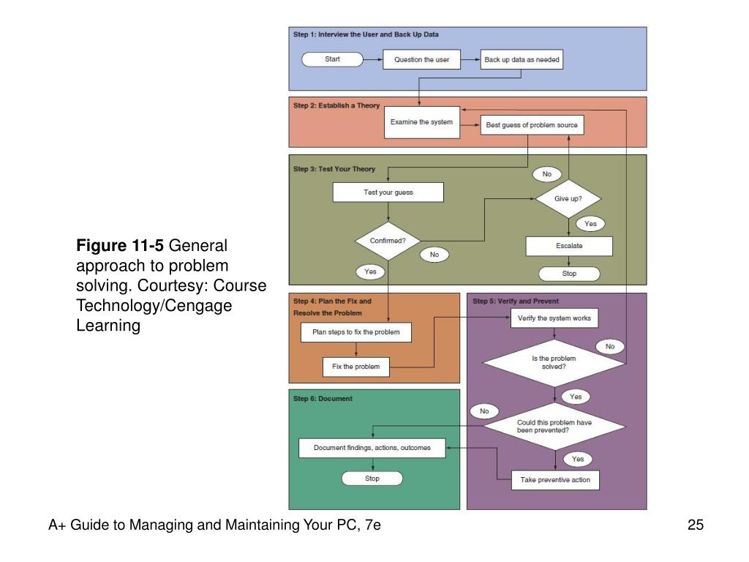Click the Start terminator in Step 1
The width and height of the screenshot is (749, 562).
(333, 59)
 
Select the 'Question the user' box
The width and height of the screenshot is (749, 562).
(422, 60)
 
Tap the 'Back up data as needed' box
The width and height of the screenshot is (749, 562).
(522, 60)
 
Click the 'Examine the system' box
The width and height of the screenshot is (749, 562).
(422, 122)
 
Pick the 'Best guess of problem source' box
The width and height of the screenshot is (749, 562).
(532, 125)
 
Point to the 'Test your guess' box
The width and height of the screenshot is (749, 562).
(388, 192)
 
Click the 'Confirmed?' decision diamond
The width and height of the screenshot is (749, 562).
(388, 241)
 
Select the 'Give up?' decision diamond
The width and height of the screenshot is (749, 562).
(568, 199)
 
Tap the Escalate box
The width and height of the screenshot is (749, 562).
(569, 246)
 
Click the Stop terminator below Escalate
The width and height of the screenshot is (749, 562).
(569, 274)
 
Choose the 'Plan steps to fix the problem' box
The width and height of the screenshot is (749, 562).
(356, 332)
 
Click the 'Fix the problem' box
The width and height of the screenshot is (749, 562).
(356, 367)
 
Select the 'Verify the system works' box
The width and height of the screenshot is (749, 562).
(554, 318)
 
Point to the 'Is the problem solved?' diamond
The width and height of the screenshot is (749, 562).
(554, 363)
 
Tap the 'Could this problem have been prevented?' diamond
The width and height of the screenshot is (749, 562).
(554, 427)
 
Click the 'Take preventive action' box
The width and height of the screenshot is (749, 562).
(555, 480)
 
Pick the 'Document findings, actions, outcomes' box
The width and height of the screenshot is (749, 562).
(372, 449)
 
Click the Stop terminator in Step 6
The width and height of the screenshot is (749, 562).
(372, 479)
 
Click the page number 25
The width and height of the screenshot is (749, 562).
(696, 525)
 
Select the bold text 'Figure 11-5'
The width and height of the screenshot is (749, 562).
(120, 246)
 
